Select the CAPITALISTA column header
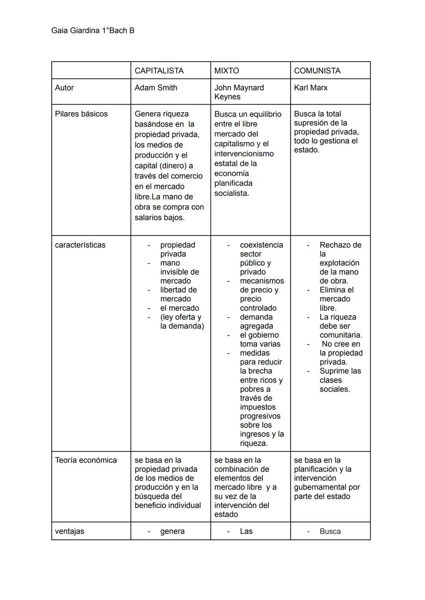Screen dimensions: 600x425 [x=159, y=71]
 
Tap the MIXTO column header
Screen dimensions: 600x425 [x=226, y=71]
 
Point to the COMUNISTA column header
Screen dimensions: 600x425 [x=317, y=71]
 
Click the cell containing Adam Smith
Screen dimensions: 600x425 [x=156, y=88]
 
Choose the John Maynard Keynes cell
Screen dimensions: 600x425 [x=239, y=92]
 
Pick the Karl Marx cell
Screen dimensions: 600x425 [x=310, y=88]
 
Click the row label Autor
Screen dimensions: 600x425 [x=65, y=88]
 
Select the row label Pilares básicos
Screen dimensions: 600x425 [x=81, y=114]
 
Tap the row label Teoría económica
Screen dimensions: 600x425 [x=86, y=460]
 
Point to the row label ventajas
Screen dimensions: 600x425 [x=70, y=531]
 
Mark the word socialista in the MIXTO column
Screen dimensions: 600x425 [x=231, y=193]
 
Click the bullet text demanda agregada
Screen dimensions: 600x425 [x=256, y=321]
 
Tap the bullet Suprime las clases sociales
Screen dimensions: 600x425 [x=340, y=380]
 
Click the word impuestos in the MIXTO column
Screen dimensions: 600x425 [x=258, y=407]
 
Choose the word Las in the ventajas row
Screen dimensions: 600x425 [x=246, y=531]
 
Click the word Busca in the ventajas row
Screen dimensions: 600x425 [x=330, y=531]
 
